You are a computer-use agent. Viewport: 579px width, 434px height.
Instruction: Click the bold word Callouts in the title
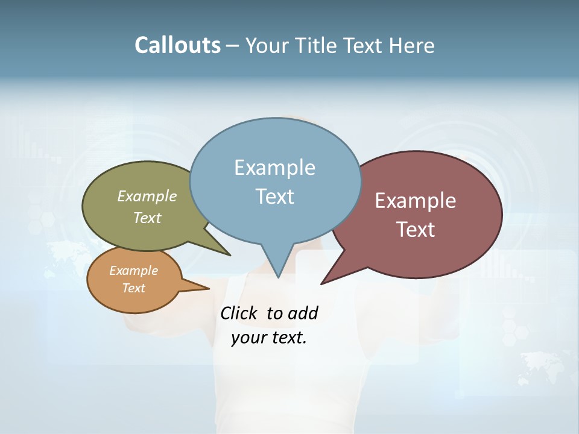177,45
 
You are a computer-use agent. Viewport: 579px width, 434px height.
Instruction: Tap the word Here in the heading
411,45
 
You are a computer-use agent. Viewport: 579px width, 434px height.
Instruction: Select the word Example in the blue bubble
274,168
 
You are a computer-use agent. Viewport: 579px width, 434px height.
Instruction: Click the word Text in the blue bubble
274,197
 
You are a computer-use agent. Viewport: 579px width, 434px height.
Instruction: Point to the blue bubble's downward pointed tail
277,268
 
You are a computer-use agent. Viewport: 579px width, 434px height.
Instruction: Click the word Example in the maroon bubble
416,201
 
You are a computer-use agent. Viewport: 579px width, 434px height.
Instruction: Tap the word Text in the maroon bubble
416,230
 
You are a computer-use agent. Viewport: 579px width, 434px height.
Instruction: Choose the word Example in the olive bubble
147,197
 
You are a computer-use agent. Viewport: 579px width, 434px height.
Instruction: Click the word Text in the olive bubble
147,218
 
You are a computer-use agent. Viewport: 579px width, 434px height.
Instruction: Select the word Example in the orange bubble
133,271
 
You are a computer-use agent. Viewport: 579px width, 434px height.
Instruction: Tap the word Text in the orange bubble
133,288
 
